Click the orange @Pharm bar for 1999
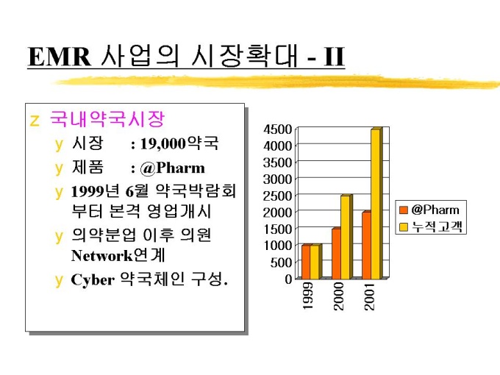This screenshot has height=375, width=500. [306, 262]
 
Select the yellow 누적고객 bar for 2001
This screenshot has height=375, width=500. [375, 204]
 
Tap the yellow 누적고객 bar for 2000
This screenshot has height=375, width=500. [346, 237]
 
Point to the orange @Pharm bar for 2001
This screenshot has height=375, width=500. [365, 246]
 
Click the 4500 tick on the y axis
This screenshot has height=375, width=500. [278, 129]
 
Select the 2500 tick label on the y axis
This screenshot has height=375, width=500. [278, 196]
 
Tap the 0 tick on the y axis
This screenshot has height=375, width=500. [288, 279]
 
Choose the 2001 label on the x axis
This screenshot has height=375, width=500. [371, 295]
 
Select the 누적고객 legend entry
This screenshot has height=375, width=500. [436, 226]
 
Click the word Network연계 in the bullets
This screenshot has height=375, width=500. [118, 256]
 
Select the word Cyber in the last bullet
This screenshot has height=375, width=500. [92, 280]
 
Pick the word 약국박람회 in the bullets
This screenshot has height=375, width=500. [196, 191]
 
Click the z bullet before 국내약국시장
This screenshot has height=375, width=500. [33, 120]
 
